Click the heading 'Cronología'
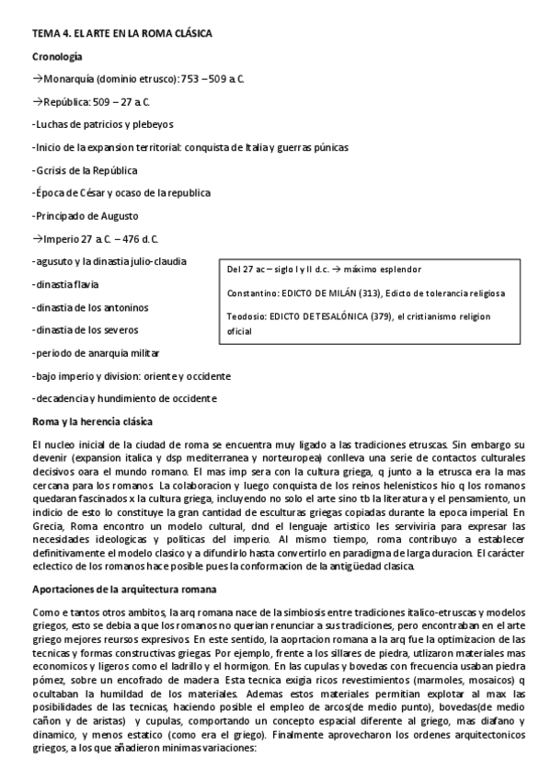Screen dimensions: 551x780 pos(56,57)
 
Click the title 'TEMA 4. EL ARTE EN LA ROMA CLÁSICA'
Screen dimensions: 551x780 pos(122,34)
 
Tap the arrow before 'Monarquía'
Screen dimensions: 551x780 pos(38,80)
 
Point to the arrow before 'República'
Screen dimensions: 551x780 pos(38,102)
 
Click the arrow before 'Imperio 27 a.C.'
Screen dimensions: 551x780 pos(38,237)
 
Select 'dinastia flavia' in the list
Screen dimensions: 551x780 pos(66,283)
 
